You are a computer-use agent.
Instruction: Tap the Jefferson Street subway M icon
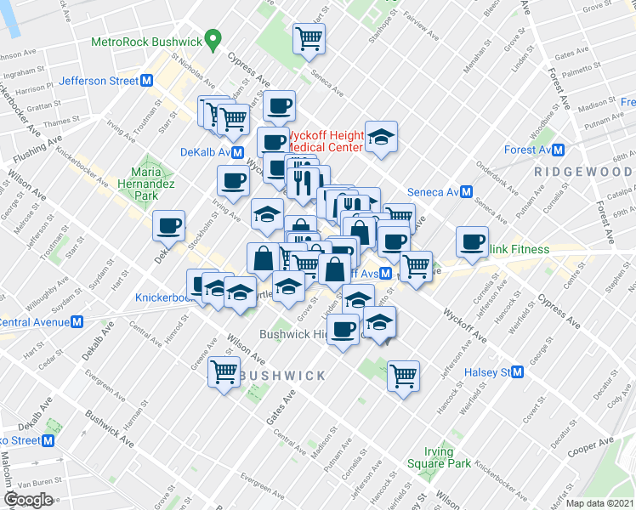(x=147, y=81)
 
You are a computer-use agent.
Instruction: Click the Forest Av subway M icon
(x=558, y=150)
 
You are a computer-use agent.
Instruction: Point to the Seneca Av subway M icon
(x=466, y=192)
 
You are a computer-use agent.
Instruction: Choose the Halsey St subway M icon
(x=517, y=372)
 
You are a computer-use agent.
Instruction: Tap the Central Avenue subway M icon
(x=77, y=322)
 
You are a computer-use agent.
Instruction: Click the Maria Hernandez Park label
(x=145, y=184)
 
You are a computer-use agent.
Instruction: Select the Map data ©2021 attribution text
(x=599, y=503)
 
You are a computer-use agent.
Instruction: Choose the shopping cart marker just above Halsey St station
(x=404, y=374)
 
